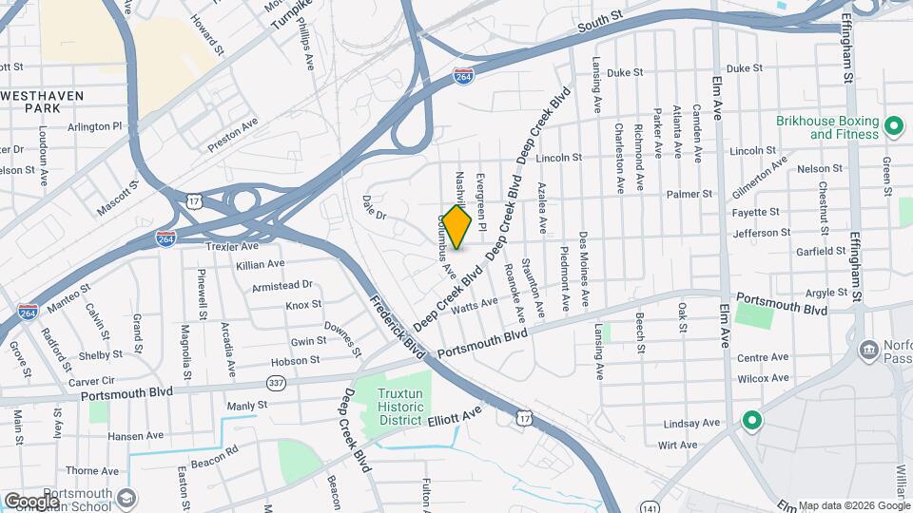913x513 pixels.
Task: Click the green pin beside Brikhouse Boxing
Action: tap(893, 125)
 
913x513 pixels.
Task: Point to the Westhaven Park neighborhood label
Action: tap(43, 102)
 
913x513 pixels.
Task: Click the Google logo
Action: tap(31, 501)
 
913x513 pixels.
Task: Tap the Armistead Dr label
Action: tap(282, 285)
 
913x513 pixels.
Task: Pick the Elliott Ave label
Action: tap(456, 416)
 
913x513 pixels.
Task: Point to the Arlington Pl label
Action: tap(95, 125)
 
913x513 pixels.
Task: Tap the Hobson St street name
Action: tap(295, 361)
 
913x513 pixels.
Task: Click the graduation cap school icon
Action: tap(126, 498)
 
